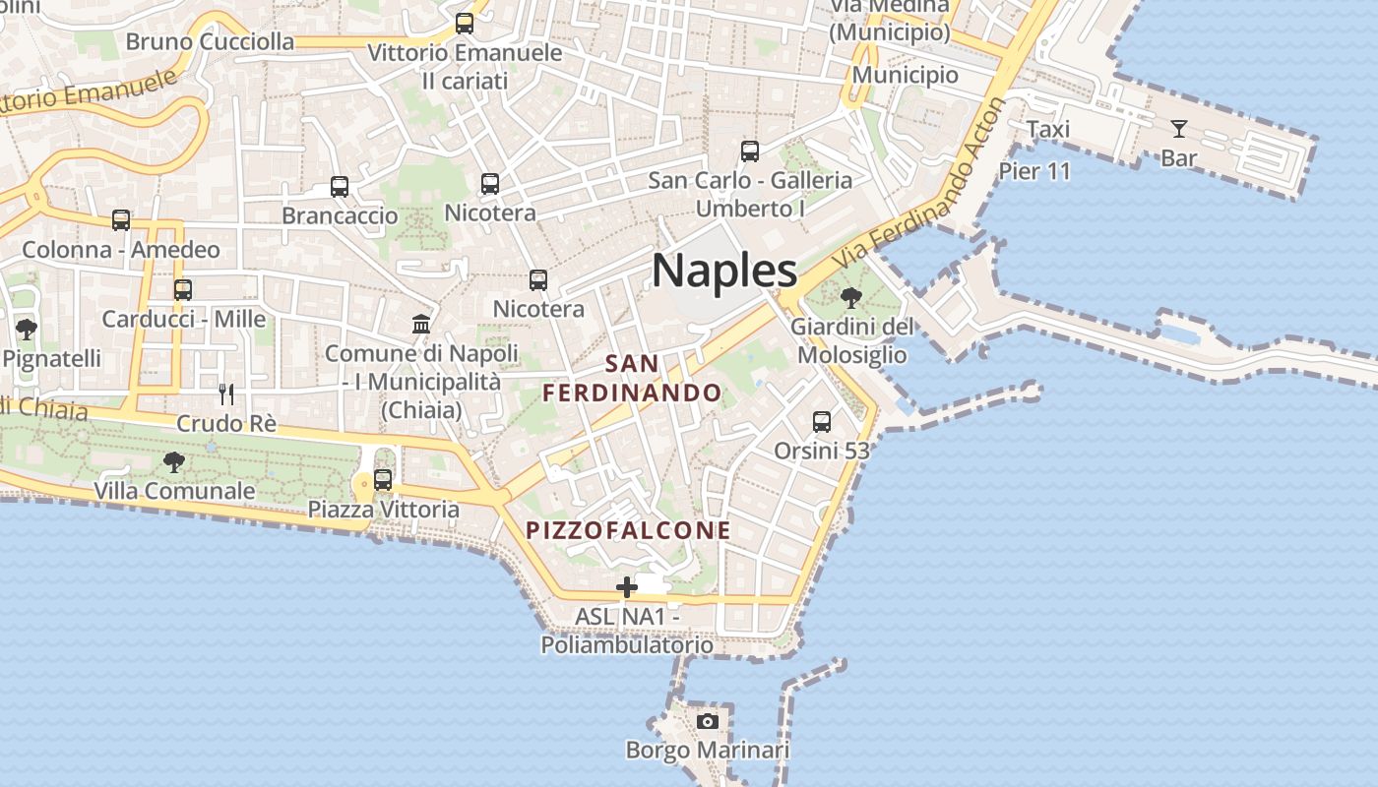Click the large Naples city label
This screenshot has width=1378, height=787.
point(724,270)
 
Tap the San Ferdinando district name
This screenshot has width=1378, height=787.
point(632,379)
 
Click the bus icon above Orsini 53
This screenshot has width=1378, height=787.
point(822,422)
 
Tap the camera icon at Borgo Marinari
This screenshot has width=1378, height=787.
point(707,721)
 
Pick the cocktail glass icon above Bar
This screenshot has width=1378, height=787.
point(1178,128)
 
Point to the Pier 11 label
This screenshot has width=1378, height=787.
point(1033,171)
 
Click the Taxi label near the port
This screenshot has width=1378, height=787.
point(1047,130)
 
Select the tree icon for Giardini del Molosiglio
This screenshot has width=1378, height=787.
point(851,297)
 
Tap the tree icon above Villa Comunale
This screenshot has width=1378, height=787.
point(174,460)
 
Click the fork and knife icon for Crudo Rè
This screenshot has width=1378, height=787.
point(226,394)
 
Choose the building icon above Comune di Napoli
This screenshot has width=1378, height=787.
point(421,324)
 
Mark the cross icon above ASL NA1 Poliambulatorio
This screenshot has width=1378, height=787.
point(627,587)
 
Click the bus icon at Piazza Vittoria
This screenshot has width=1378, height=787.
point(383,480)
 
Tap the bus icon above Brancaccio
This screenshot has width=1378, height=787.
point(340,187)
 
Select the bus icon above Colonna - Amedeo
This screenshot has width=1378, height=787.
point(121,220)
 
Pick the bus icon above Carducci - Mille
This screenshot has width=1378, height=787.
point(183,290)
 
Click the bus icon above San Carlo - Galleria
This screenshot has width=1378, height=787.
point(750,151)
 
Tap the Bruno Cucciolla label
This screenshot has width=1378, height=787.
point(210,41)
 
